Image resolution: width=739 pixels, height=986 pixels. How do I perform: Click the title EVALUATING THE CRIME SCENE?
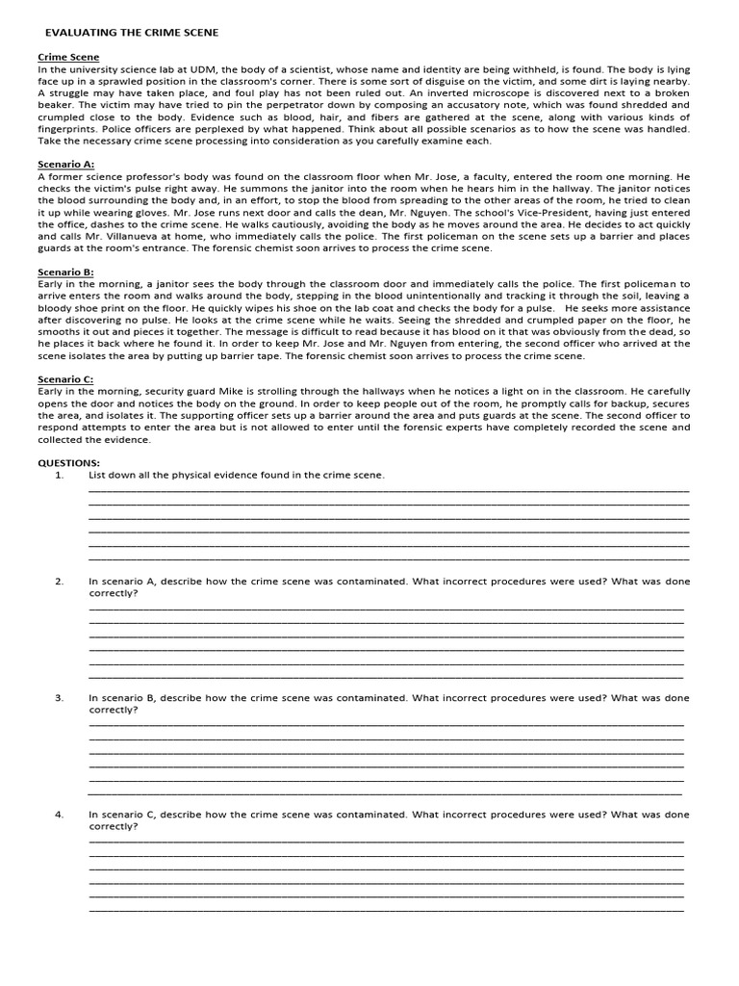[x=132, y=33]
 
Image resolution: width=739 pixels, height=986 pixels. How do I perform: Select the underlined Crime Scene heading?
[x=68, y=58]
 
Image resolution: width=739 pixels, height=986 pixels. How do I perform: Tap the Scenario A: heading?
[x=66, y=165]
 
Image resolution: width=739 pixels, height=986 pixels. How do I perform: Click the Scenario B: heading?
[x=66, y=272]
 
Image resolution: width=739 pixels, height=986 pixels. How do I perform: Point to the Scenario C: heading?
[x=66, y=379]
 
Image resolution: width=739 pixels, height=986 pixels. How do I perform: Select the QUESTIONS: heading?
[x=69, y=462]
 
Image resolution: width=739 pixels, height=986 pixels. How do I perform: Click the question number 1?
[x=59, y=475]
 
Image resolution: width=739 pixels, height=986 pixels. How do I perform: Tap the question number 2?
[x=59, y=582]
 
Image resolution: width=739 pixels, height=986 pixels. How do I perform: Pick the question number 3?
[x=59, y=697]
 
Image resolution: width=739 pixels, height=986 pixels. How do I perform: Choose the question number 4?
[x=59, y=814]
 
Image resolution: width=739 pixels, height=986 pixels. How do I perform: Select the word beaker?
[x=57, y=105]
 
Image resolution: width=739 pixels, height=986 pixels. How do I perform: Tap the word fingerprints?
[x=69, y=129]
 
